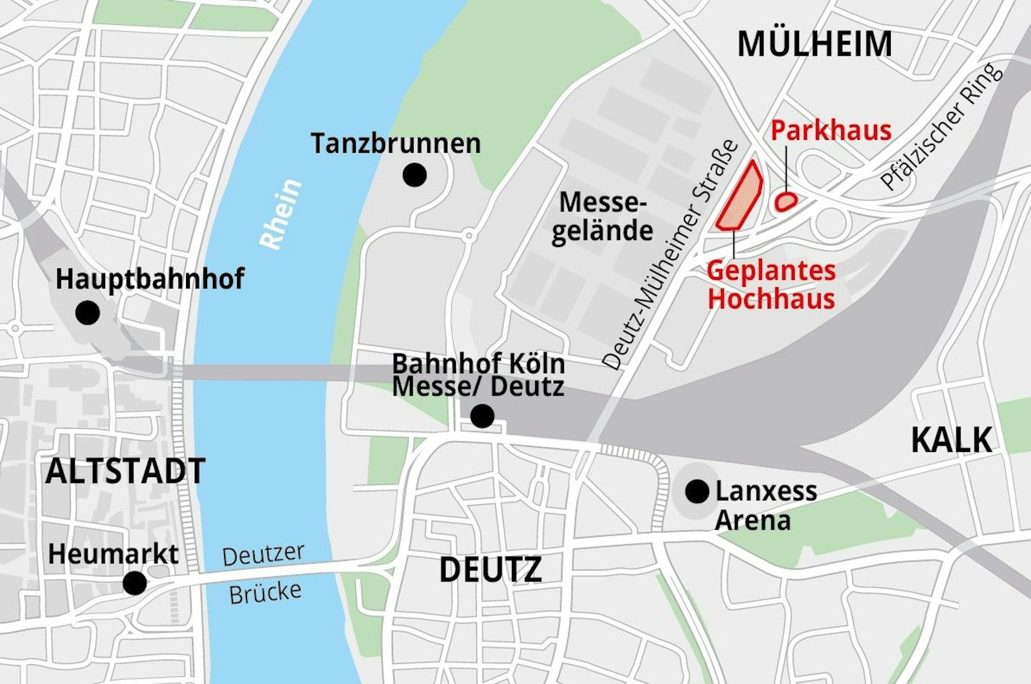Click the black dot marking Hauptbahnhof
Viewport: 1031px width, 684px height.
[x=87, y=313]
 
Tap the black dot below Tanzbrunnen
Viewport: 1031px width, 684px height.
[x=414, y=175]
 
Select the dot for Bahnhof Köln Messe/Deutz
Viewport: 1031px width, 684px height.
[x=483, y=416]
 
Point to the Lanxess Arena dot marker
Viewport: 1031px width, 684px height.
[x=697, y=492]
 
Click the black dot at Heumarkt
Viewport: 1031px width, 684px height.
[x=135, y=583]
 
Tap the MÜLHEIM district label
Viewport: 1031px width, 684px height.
[x=814, y=44]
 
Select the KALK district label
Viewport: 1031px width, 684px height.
[x=951, y=440]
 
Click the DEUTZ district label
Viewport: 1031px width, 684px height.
[x=490, y=569]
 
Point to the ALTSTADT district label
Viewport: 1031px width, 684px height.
[x=125, y=471]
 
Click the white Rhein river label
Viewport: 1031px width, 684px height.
[x=280, y=214]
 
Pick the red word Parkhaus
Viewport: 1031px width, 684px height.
[x=831, y=131]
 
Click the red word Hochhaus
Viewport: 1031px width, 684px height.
[x=771, y=299]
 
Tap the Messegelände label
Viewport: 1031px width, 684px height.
[x=602, y=217]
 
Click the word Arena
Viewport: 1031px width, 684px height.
[x=753, y=520]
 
